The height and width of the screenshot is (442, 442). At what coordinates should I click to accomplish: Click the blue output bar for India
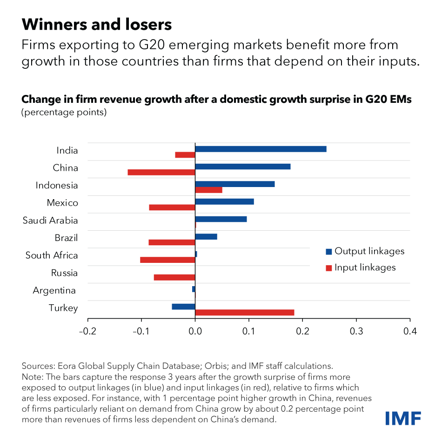[261, 149]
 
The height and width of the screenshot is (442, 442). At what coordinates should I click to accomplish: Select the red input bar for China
[161, 172]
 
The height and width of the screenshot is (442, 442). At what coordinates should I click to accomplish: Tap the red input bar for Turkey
[245, 312]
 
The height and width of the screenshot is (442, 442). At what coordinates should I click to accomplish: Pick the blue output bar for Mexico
[224, 201]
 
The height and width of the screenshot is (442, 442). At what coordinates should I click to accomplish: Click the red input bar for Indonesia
[209, 190]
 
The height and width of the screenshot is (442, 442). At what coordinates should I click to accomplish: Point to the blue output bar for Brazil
[206, 236]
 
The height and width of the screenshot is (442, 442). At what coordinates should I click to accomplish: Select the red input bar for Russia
[174, 277]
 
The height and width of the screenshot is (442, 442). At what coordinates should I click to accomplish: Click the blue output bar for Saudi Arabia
[221, 219]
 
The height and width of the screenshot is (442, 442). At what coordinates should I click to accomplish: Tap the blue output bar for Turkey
[183, 307]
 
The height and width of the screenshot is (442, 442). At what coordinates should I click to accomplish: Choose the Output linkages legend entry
[365, 251]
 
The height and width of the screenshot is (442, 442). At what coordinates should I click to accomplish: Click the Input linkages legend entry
[361, 268]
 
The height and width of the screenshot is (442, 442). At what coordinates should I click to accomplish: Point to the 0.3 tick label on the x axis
[356, 331]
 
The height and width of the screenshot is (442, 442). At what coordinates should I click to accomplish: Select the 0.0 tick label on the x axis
[195, 331]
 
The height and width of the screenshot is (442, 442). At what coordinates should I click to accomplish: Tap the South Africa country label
[52, 255]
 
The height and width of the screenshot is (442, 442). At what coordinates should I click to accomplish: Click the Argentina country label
[54, 291]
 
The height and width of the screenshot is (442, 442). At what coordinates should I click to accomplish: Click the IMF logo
[403, 418]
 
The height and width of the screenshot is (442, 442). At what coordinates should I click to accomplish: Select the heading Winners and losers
[97, 24]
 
